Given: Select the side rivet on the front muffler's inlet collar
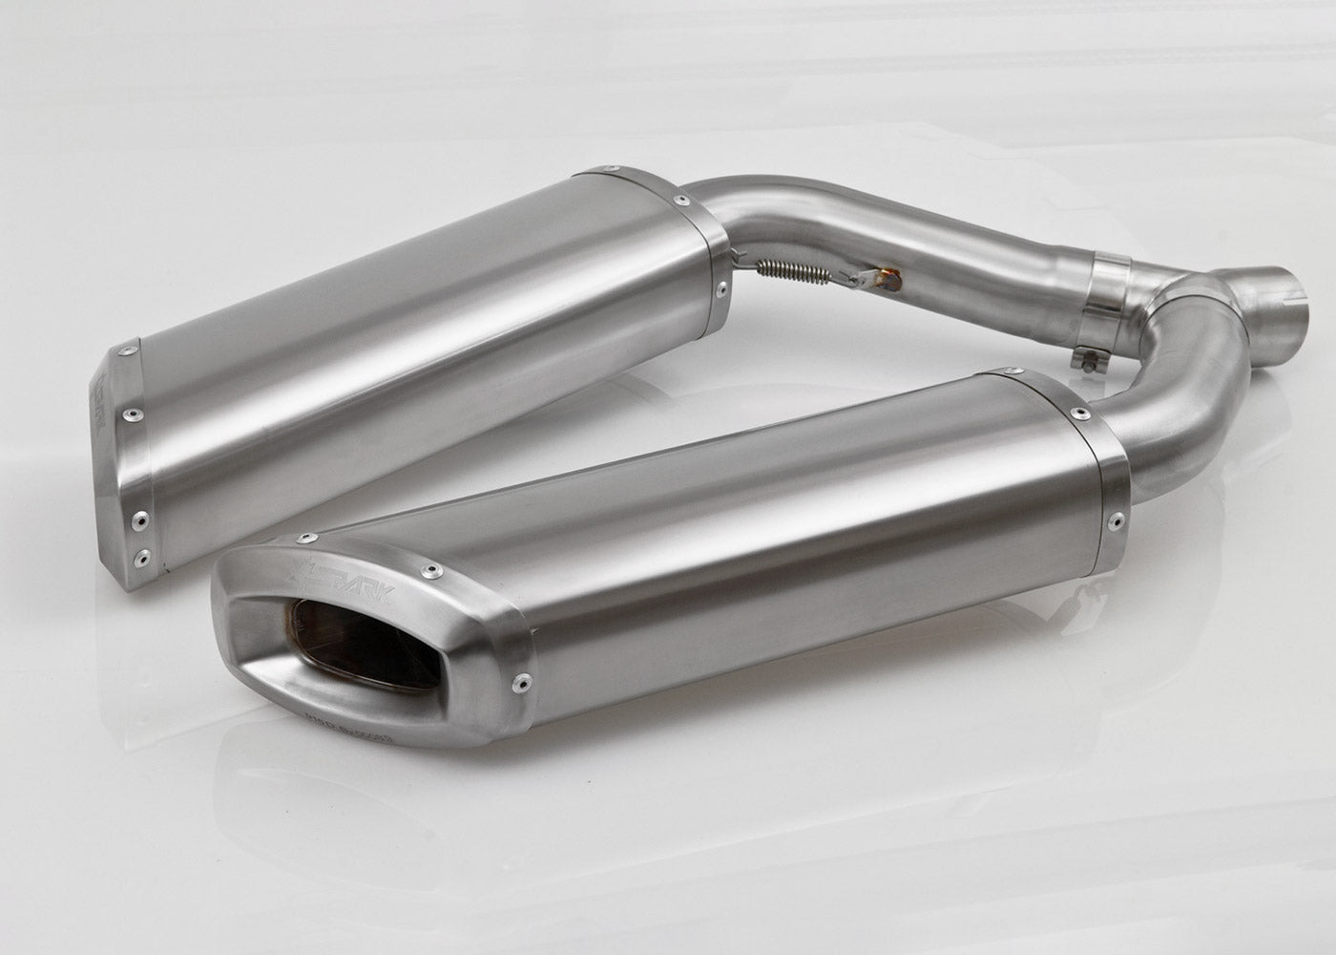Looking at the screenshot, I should pyautogui.click(x=1114, y=522).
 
